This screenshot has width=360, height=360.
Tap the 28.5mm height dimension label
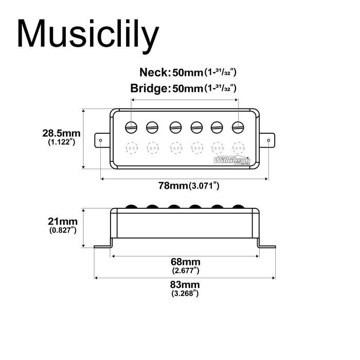point(62,133)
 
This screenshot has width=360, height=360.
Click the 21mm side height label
point(62,221)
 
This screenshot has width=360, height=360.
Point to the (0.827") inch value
point(63,230)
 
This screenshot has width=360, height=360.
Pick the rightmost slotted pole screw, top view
point(237,126)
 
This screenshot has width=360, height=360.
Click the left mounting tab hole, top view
point(101,139)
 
